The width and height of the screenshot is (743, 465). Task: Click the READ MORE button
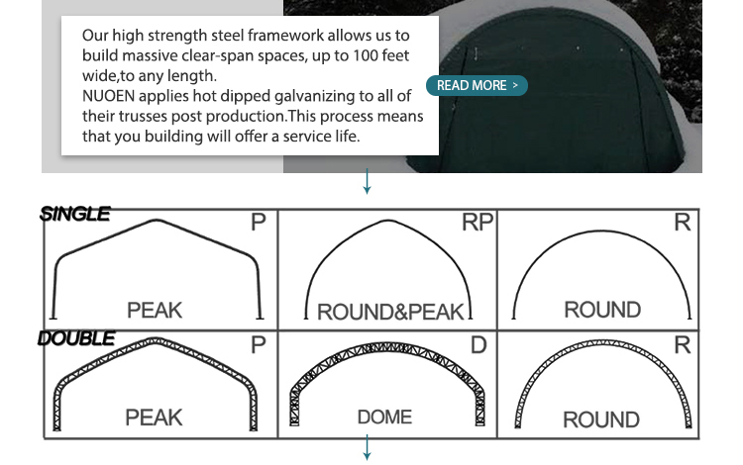point(478,86)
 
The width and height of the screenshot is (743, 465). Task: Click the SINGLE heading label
point(75,214)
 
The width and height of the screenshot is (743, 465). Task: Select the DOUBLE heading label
point(76,338)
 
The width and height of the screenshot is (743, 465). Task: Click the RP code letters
point(478,223)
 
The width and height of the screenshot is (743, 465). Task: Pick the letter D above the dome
point(478,345)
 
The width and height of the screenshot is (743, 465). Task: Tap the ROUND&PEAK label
point(391,313)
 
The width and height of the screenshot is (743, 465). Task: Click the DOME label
point(384,417)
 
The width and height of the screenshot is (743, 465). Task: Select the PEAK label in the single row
point(155,311)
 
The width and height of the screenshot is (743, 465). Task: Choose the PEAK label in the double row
point(154,417)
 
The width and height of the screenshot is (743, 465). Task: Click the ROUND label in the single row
point(602,311)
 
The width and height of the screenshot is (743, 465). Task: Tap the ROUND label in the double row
point(601,419)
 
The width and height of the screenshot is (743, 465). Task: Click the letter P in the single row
point(259,223)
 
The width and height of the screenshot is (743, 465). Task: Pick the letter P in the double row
point(259,345)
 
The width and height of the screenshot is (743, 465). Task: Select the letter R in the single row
point(682,223)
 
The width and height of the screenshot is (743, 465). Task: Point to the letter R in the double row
point(682,345)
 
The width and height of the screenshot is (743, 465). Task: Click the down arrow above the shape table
point(368,181)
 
